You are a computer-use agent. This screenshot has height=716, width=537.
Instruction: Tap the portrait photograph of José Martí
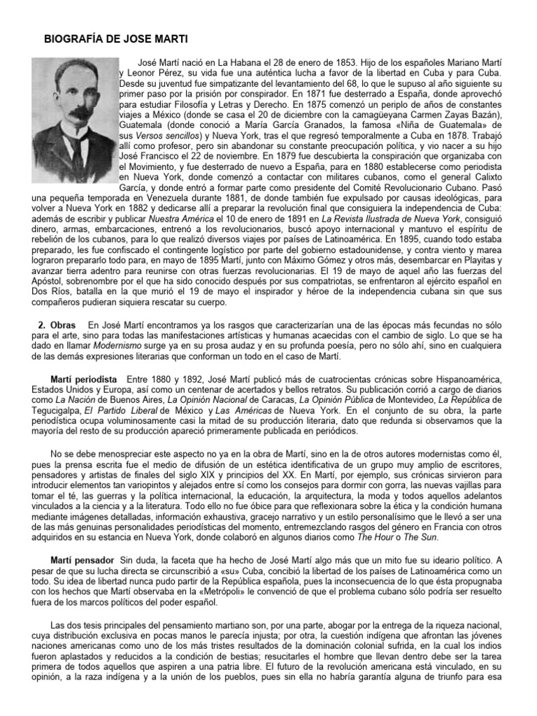(74, 122)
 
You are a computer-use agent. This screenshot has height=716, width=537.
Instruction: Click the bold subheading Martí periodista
(83, 378)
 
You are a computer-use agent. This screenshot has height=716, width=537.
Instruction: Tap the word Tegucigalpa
(65, 410)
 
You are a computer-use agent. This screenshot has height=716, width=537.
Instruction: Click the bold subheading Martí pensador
(80, 561)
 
